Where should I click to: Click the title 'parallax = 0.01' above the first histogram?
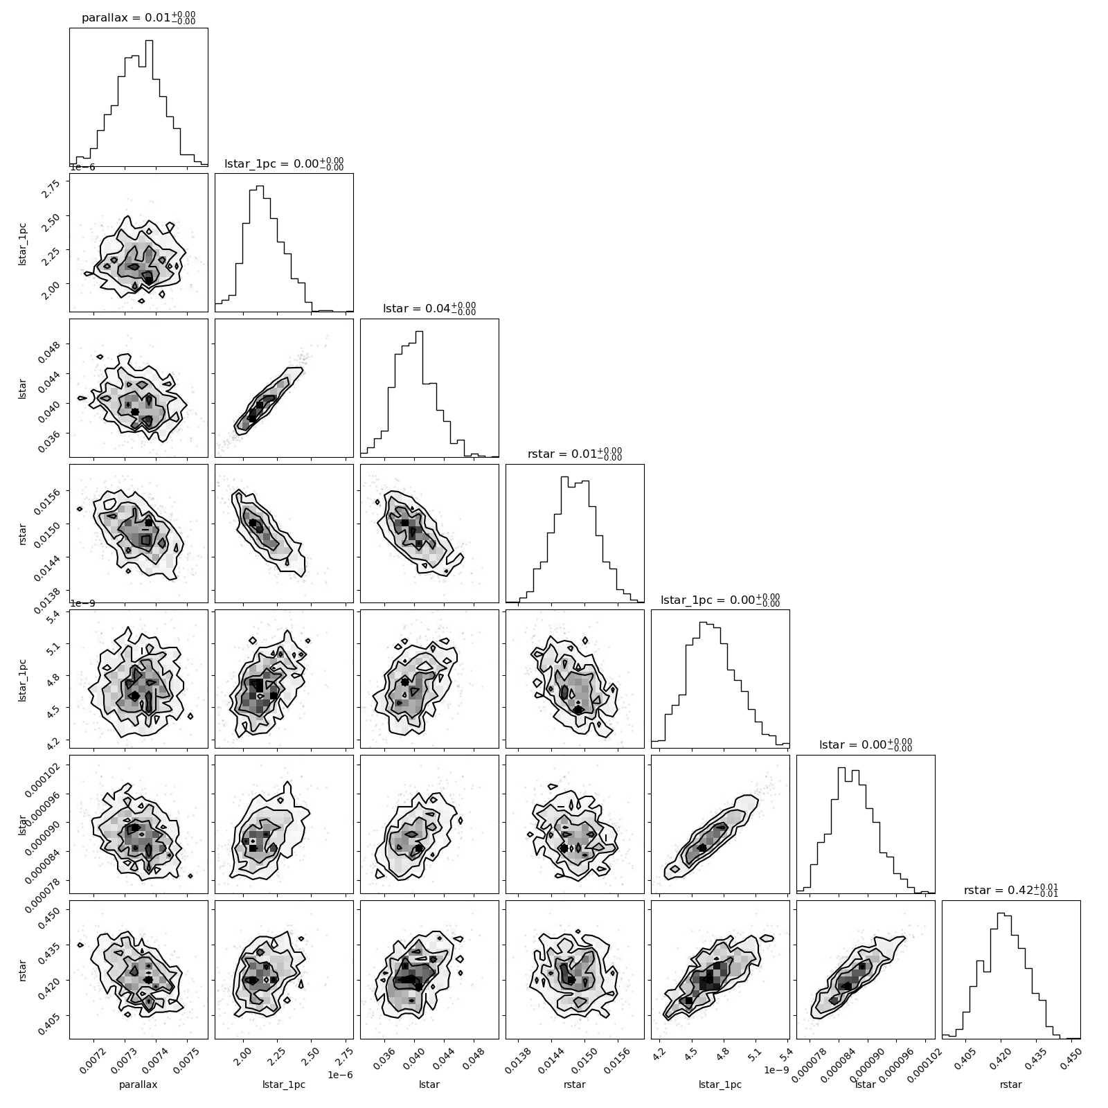138,18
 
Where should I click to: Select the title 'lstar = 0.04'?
429,309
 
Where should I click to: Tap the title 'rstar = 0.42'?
1011,891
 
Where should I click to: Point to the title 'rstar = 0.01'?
575,454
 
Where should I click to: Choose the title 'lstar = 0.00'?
866,745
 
